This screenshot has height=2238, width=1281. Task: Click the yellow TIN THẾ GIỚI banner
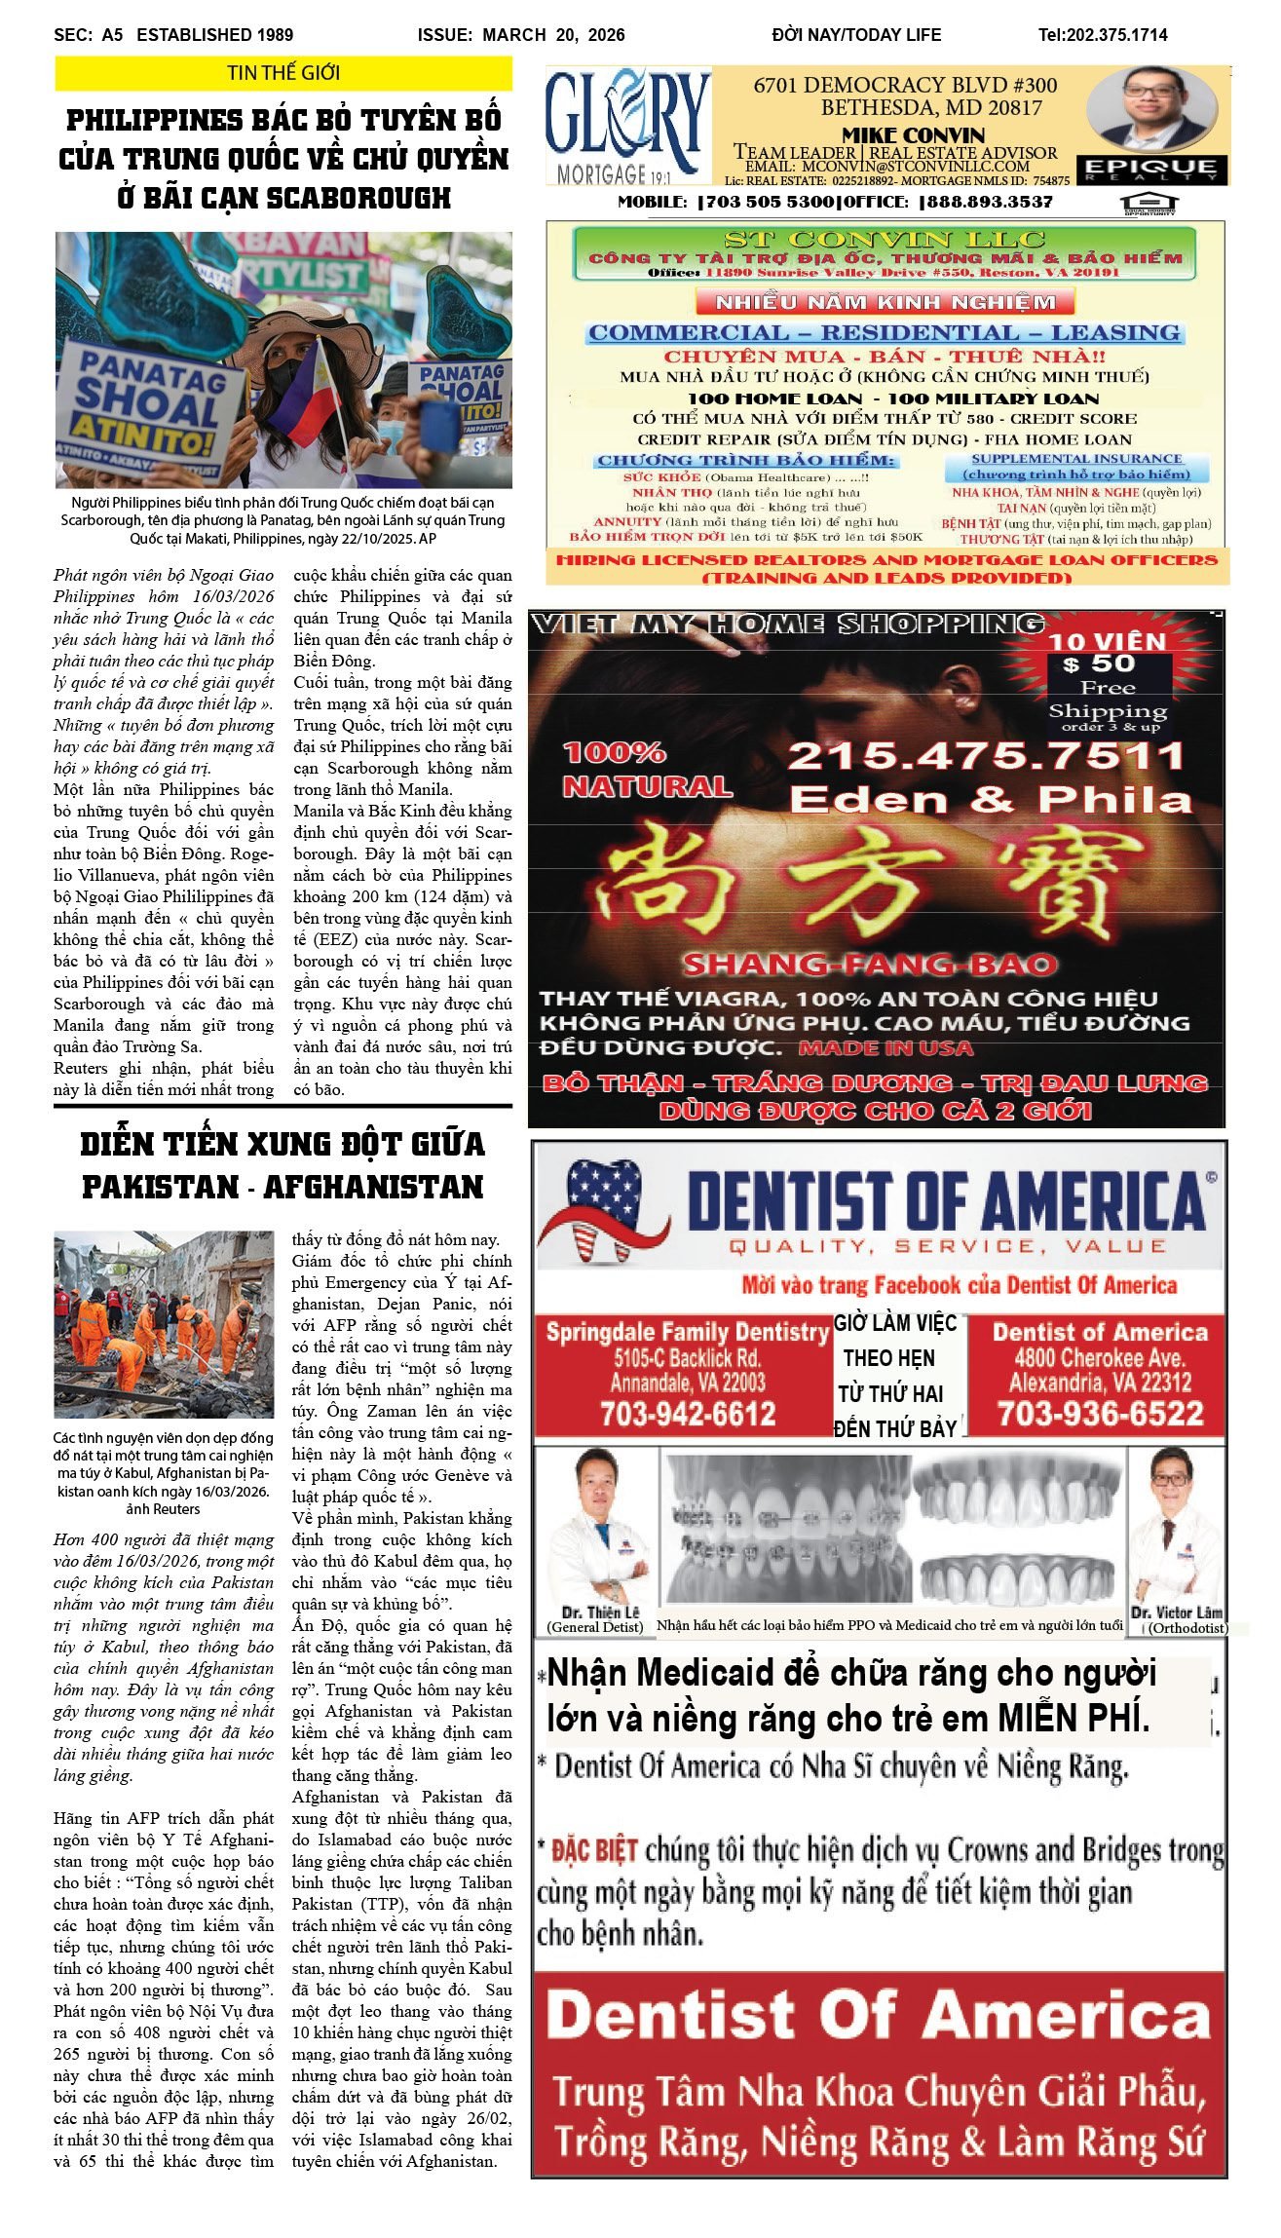[283, 73]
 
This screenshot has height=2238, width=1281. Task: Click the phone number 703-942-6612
[687, 1414]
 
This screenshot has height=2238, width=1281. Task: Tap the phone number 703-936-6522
[1100, 1414]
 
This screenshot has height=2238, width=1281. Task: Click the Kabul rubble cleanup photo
[164, 1323]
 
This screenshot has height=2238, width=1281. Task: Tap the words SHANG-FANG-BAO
[869, 965]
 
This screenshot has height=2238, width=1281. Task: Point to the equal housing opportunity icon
[1149, 204]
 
